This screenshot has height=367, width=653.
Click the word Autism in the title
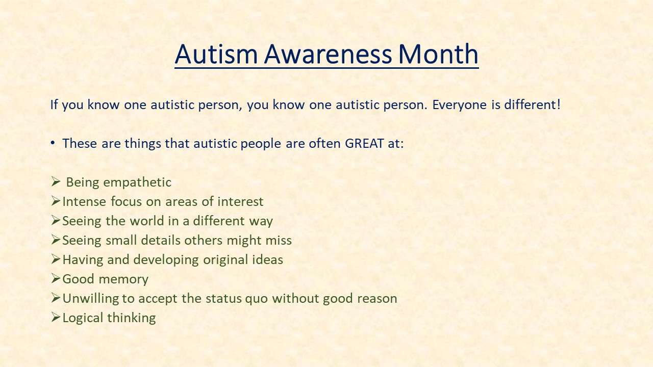(x=216, y=54)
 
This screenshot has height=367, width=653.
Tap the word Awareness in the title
(x=328, y=54)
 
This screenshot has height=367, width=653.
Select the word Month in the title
(x=438, y=54)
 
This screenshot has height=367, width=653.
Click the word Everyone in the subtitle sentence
(x=459, y=105)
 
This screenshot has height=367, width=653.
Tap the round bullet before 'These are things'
(x=53, y=143)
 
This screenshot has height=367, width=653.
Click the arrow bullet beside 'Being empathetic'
(x=56, y=181)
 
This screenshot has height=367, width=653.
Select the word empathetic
(x=137, y=182)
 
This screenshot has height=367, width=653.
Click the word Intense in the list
(x=84, y=201)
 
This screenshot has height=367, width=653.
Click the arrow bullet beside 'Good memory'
(x=56, y=278)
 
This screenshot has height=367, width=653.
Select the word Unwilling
(x=91, y=299)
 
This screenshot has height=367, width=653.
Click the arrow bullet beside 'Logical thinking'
(x=56, y=317)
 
